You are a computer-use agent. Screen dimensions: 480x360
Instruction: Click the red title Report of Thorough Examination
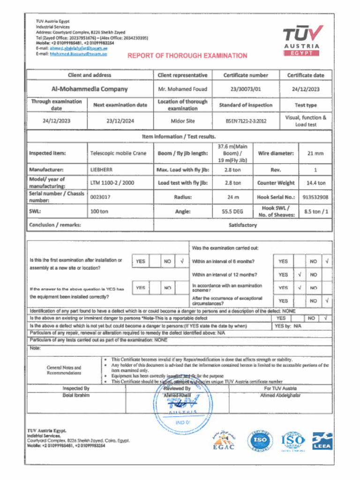click(x=187, y=56)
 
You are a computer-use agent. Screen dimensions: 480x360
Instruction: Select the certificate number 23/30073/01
click(x=246, y=89)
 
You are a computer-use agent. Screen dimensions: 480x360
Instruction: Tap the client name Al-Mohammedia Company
click(x=89, y=89)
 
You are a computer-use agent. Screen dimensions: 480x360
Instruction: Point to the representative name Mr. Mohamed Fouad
click(x=182, y=89)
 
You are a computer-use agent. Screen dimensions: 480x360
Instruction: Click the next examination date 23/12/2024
click(x=120, y=121)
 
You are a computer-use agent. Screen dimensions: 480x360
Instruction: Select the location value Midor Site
click(x=182, y=121)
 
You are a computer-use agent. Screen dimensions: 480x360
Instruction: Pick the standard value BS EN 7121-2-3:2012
click(x=246, y=121)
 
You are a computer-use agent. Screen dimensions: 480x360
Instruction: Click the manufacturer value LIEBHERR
click(x=101, y=169)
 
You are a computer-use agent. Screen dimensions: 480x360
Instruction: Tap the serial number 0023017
click(x=100, y=197)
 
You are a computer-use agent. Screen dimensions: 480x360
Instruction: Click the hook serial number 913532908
click(x=315, y=197)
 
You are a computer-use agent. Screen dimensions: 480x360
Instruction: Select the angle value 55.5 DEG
click(x=232, y=211)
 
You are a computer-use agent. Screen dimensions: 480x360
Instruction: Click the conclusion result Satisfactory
click(x=242, y=225)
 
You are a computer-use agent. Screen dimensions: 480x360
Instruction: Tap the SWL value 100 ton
click(x=99, y=211)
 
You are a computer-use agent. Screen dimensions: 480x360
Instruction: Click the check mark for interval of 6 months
click(x=327, y=261)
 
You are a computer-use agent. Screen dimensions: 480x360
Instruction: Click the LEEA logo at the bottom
click(x=322, y=441)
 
